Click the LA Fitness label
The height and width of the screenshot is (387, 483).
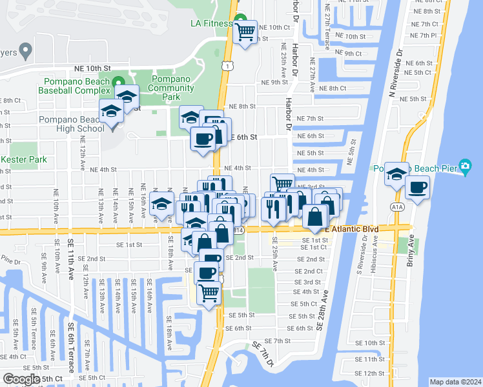tap(211, 24)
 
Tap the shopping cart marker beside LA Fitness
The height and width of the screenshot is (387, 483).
tap(245, 30)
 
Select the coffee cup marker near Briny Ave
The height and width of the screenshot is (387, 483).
tap(417, 187)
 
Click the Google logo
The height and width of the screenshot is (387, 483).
tap(21, 379)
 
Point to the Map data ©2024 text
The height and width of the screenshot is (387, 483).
tap(455, 382)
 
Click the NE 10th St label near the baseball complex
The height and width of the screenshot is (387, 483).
tap(97, 68)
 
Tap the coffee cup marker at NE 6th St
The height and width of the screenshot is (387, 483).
tap(203, 138)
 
